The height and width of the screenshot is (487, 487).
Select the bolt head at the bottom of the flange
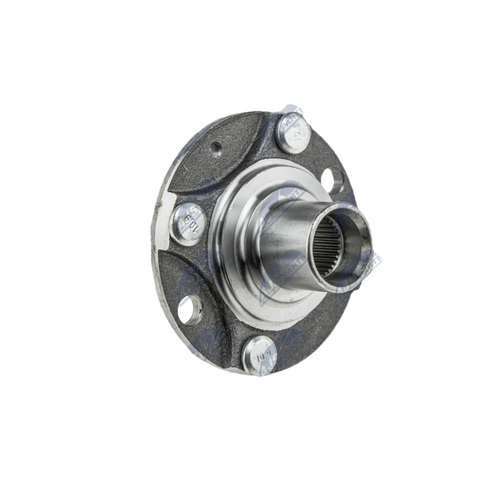[x=258, y=354]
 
